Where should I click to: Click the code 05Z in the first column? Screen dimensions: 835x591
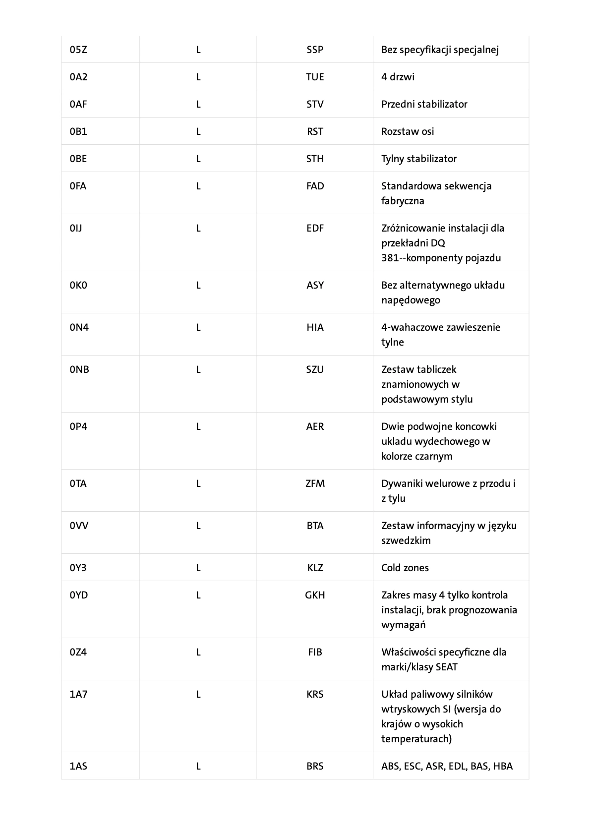click(x=78, y=50)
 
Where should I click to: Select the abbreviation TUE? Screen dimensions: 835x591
click(x=315, y=77)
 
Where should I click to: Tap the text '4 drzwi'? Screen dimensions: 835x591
click(x=398, y=77)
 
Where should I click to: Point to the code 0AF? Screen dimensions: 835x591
click(x=78, y=104)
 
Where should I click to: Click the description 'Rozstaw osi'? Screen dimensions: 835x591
click(x=407, y=131)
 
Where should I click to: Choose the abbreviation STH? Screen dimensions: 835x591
click(x=315, y=159)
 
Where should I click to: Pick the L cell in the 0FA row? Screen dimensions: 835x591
click(x=198, y=186)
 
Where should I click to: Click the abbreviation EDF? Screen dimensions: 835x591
click(x=315, y=228)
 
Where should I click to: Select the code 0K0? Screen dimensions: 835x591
click(x=78, y=285)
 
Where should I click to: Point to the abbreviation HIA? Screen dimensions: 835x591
click(x=315, y=327)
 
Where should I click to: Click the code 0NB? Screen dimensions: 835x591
click(x=79, y=369)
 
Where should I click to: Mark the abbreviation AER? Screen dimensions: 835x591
click(x=315, y=426)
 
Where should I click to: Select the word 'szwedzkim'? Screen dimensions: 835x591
click(x=406, y=540)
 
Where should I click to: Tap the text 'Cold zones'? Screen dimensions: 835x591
click(x=405, y=568)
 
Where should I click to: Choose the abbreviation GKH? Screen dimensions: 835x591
click(x=315, y=595)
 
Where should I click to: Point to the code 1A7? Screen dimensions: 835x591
click(x=78, y=694)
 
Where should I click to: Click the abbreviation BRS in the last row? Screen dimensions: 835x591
click(x=315, y=766)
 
